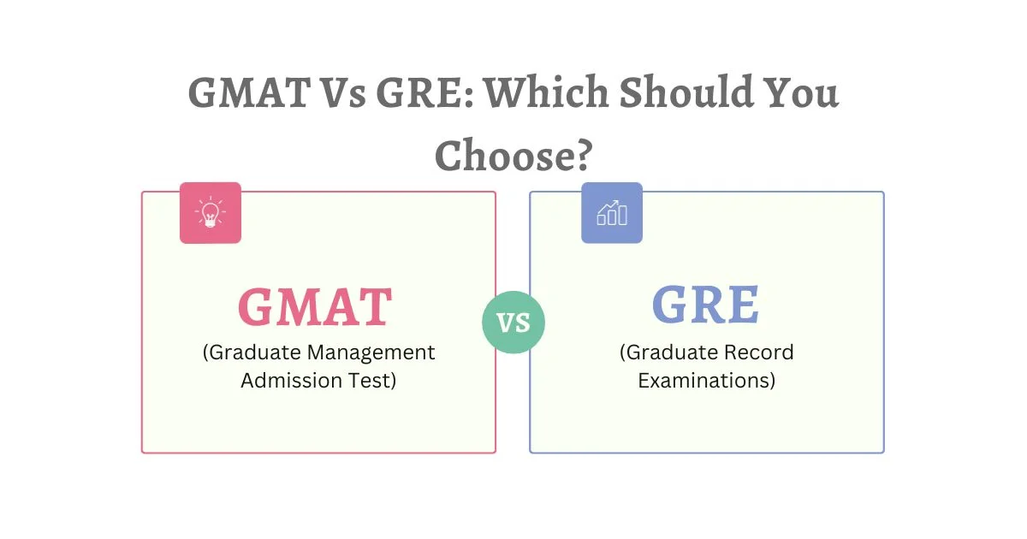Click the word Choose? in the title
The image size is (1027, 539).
513,156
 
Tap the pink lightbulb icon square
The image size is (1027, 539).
211,213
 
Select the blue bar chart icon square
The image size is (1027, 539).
612,213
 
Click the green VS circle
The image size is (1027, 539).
513,322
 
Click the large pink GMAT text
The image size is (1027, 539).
315,305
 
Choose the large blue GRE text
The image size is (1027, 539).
706,305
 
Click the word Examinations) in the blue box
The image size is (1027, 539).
707,381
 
